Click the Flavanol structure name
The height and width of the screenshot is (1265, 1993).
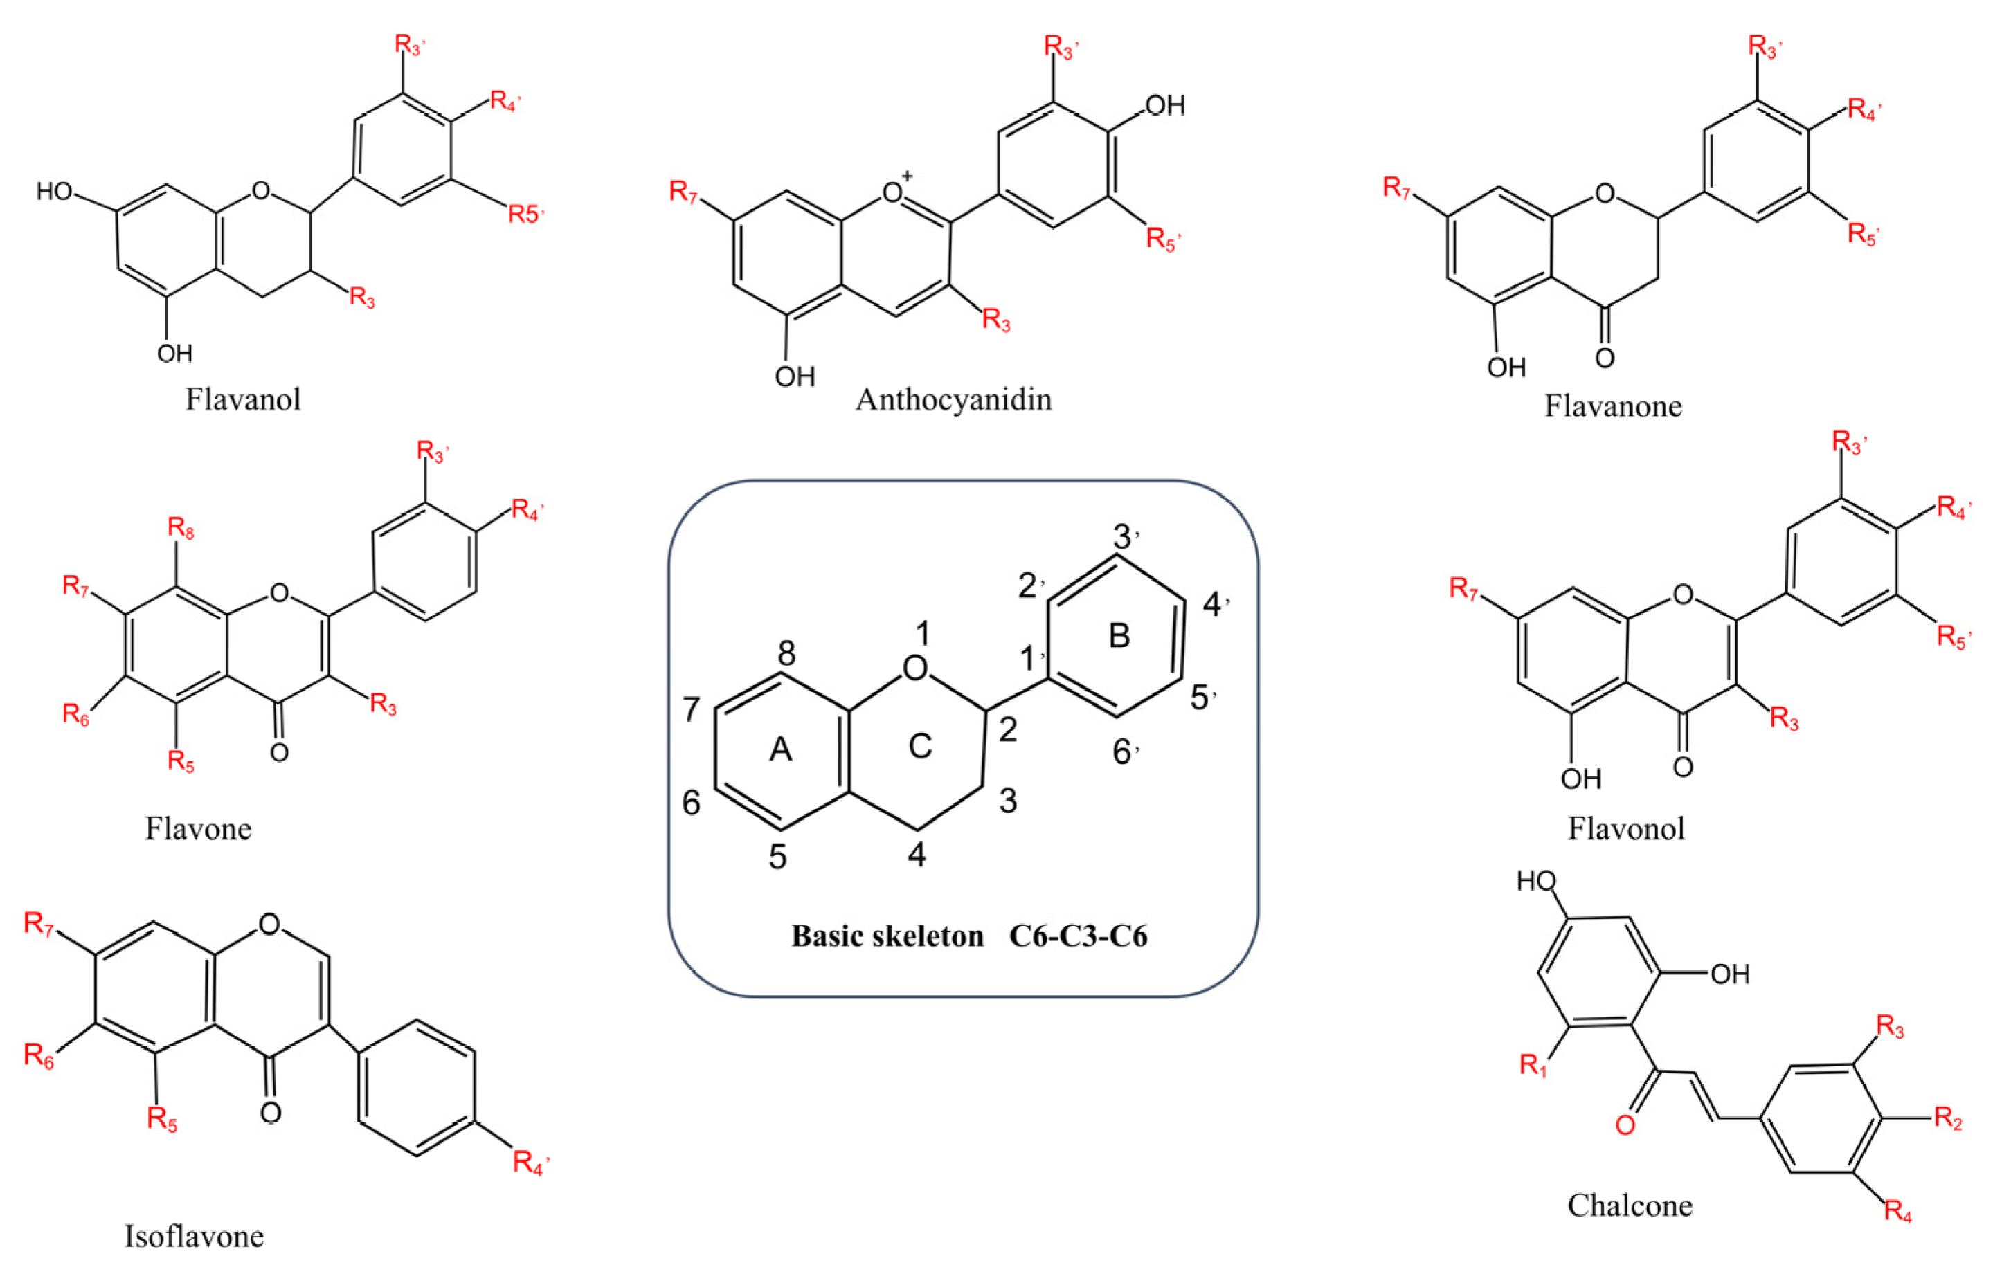click(242, 399)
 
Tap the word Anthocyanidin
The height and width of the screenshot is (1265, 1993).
click(953, 399)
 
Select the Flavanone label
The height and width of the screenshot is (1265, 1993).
click(1613, 406)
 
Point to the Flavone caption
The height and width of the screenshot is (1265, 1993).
click(199, 828)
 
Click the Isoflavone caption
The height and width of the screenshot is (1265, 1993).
click(194, 1235)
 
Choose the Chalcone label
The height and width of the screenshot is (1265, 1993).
click(1630, 1205)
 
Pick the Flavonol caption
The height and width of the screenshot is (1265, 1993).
click(1626, 828)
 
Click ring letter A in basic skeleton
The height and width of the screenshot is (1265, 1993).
click(780, 749)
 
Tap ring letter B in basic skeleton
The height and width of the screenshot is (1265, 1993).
click(1119, 635)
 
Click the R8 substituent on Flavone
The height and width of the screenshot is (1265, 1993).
click(181, 528)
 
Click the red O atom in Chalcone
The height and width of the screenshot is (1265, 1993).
click(1625, 1125)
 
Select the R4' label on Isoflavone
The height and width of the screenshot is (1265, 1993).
click(530, 1163)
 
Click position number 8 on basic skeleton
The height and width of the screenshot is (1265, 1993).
click(786, 653)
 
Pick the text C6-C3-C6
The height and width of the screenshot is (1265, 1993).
click(1078, 936)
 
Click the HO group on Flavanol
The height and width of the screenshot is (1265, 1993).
click(55, 192)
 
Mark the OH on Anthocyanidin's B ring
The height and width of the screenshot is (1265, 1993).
click(1165, 106)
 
